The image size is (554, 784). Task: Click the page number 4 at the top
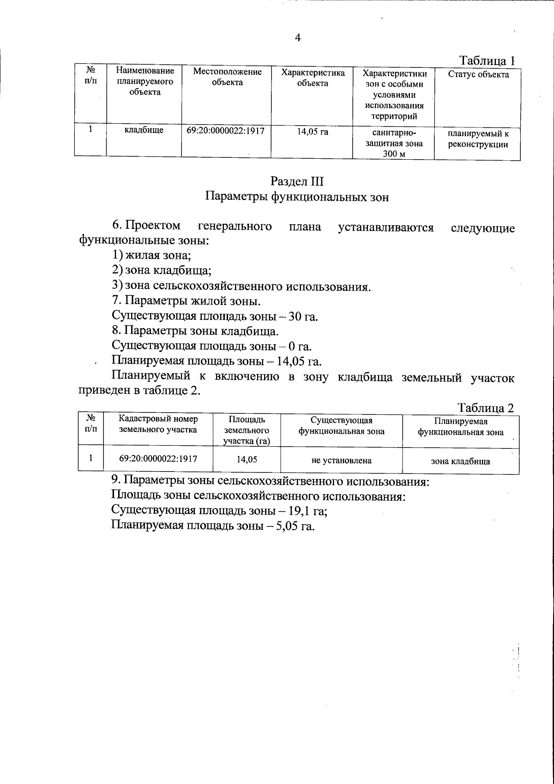pos(297,38)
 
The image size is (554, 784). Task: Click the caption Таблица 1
pos(487,60)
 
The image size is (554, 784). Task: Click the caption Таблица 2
pos(486,408)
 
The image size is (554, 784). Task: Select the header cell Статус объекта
pos(478,75)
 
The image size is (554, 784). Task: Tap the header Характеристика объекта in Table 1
pos(313,78)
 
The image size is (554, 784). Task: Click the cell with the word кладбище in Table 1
pos(144,131)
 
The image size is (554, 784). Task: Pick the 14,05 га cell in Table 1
pos(313,132)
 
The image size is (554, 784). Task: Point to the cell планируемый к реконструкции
pos(478,139)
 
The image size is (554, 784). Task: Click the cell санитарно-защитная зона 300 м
pos(394,143)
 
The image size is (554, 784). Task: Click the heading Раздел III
pos(297,180)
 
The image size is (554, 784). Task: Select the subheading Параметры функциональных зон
pos(297,197)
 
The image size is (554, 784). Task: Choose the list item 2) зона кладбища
pos(162,270)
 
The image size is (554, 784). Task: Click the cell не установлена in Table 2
pos(342,461)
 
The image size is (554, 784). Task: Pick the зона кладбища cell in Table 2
pos(460,461)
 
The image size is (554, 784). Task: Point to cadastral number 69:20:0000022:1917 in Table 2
pos(158,459)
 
